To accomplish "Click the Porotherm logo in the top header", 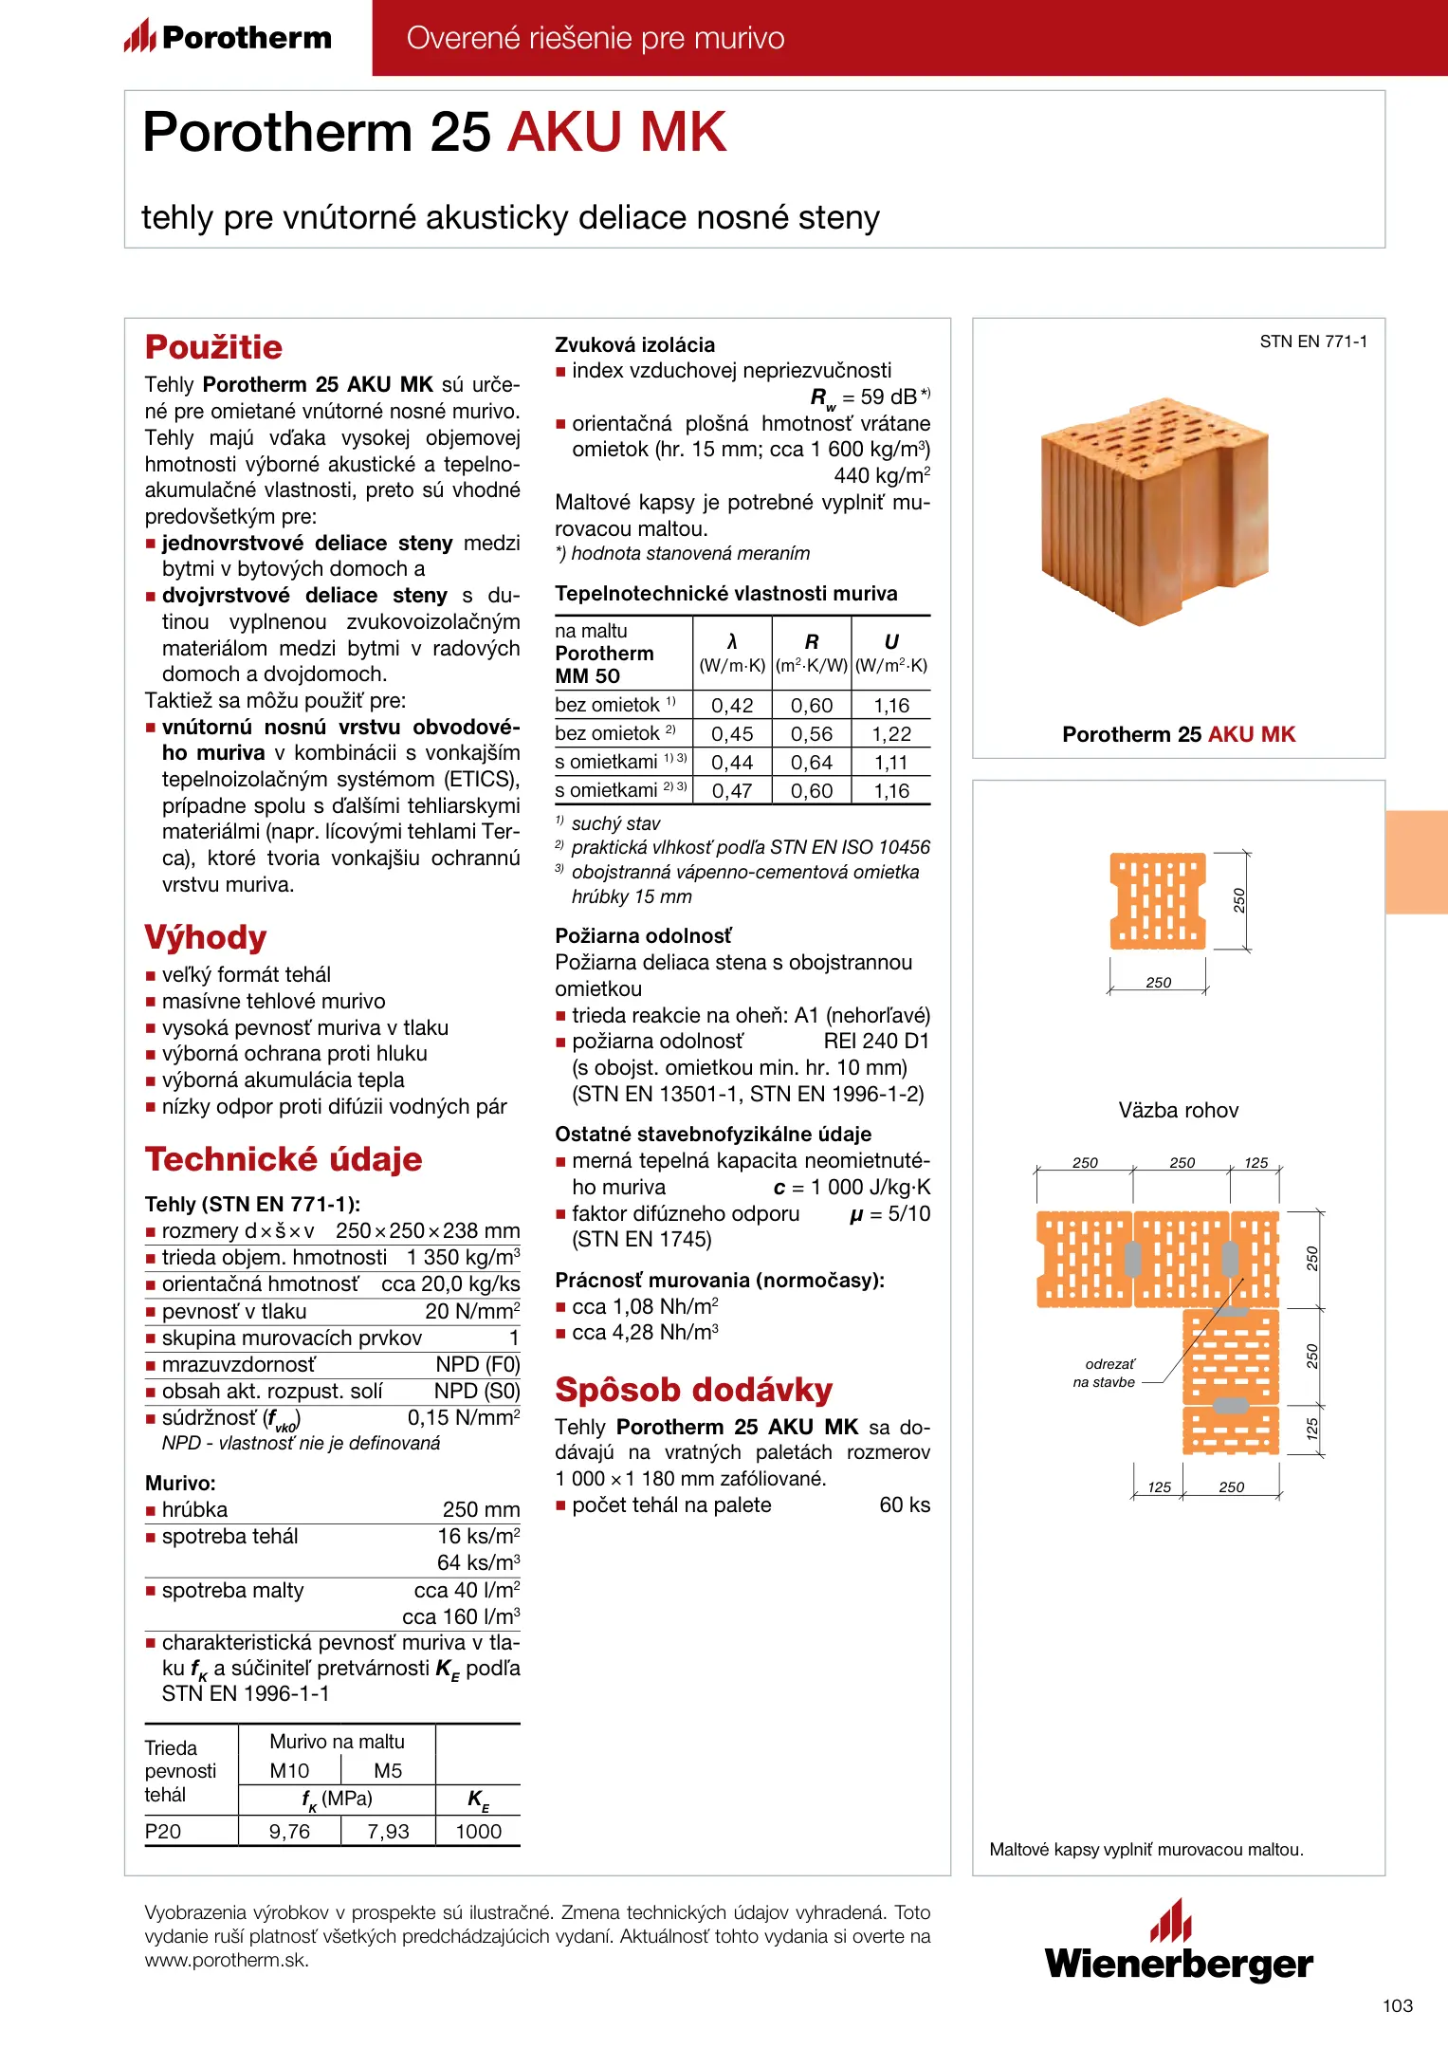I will (228, 38).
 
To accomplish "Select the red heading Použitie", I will (213, 347).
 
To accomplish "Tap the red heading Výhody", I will (206, 937).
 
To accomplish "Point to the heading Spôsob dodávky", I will (693, 1390).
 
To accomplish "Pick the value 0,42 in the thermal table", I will (732, 706).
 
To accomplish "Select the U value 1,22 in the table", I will (891, 734).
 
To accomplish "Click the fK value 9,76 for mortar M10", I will (289, 1832).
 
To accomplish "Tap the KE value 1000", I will (478, 1832).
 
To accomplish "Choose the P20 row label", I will (163, 1832).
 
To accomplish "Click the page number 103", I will (1397, 2005).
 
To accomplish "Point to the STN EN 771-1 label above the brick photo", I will (1313, 341).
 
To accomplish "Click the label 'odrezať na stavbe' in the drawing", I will (1106, 1373).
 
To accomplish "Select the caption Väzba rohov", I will (1178, 1111).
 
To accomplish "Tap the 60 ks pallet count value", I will (905, 1505).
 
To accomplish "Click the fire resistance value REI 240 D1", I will (876, 1042).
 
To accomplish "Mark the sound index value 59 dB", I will (888, 397).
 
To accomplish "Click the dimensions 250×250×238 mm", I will (428, 1231).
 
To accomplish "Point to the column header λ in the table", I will (732, 642).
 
